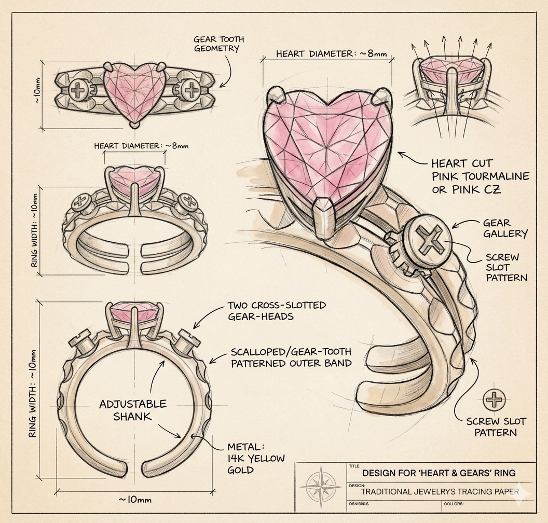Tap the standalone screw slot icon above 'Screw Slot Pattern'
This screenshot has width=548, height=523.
pyautogui.click(x=494, y=400)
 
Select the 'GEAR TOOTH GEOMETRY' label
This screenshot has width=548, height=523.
pyautogui.click(x=218, y=44)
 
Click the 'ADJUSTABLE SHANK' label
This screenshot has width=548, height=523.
pyautogui.click(x=133, y=410)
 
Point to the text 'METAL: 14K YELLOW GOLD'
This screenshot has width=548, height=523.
pyautogui.click(x=256, y=458)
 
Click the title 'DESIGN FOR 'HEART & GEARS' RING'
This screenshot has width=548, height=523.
pyautogui.click(x=439, y=473)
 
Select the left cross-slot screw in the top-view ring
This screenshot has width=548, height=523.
pyautogui.click(x=79, y=91)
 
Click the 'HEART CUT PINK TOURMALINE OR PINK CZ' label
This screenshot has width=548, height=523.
pyautogui.click(x=480, y=176)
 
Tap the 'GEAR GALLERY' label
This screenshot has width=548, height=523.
pyautogui.click(x=505, y=228)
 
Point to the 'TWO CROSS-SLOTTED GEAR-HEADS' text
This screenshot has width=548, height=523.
pyautogui.click(x=277, y=311)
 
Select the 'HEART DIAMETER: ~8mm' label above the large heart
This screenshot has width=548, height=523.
pyautogui.click(x=331, y=53)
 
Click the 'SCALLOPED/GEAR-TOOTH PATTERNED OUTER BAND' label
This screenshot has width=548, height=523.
pyautogui.click(x=291, y=357)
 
